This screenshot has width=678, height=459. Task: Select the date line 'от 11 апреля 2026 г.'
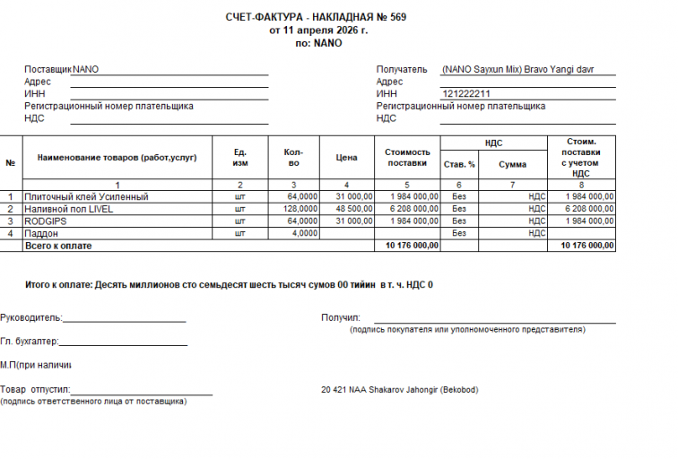pyautogui.click(x=318, y=30)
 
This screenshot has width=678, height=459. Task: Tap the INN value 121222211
pyautogui.click(x=466, y=93)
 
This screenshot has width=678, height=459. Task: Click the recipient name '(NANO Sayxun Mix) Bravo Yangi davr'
pyautogui.click(x=517, y=69)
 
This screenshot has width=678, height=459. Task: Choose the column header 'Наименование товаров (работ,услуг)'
pyautogui.click(x=117, y=158)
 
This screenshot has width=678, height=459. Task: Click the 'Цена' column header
pyautogui.click(x=346, y=158)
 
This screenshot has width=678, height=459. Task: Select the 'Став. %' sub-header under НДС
pyautogui.click(x=459, y=165)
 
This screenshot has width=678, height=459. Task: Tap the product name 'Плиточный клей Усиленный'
pyautogui.click(x=86, y=196)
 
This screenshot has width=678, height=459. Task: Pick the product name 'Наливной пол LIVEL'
pyautogui.click(x=69, y=209)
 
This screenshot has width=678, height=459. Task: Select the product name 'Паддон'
pyautogui.click(x=40, y=233)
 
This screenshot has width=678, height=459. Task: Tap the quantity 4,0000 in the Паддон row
pyautogui.click(x=304, y=233)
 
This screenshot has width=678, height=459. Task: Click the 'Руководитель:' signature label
pyautogui.click(x=31, y=317)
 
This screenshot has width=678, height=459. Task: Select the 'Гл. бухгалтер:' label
pyautogui.click(x=30, y=342)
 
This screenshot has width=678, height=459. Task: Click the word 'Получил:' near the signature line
pyautogui.click(x=340, y=317)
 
